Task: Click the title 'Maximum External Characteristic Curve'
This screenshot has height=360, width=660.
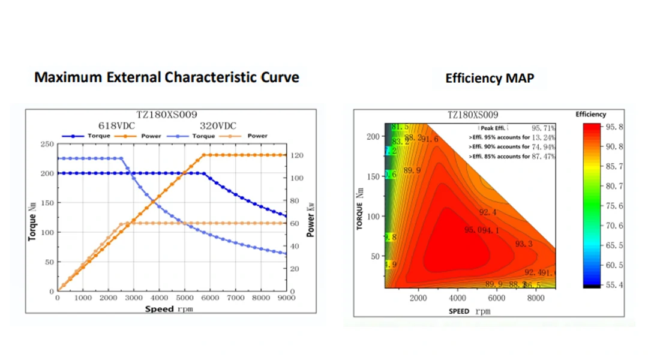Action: click(166, 77)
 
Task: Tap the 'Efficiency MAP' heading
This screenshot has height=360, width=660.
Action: click(489, 78)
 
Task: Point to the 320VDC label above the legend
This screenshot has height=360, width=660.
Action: click(217, 125)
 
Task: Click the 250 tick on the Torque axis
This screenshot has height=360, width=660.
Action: click(47, 144)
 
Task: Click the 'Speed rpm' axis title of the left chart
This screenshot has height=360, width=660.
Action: click(169, 309)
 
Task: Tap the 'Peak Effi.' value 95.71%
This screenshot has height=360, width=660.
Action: click(543, 128)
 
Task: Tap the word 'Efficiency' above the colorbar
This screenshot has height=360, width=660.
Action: click(590, 115)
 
